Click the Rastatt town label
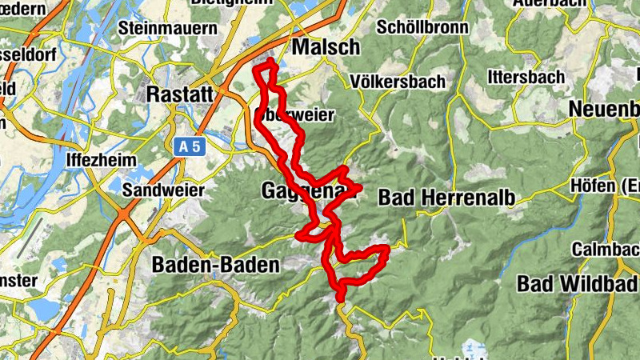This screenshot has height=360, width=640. (x=181, y=94)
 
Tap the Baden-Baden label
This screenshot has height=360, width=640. (x=216, y=265)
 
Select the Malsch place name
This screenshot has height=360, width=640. (x=326, y=48)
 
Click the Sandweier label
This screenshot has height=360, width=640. (x=164, y=190)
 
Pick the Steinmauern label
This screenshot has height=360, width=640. (x=167, y=28)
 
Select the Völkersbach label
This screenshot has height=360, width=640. (x=393, y=82)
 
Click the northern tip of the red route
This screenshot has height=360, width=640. (x=271, y=62)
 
